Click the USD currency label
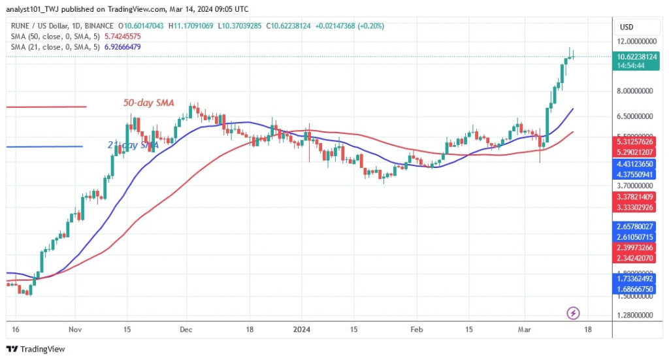coord(626,27)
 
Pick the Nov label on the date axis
coord(75,329)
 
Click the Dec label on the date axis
coord(186,329)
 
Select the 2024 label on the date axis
coord(301,329)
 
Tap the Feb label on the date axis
coord(417,329)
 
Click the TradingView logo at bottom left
coord(36,349)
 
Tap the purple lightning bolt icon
coord(574,313)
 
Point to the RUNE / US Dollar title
coord(37,26)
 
